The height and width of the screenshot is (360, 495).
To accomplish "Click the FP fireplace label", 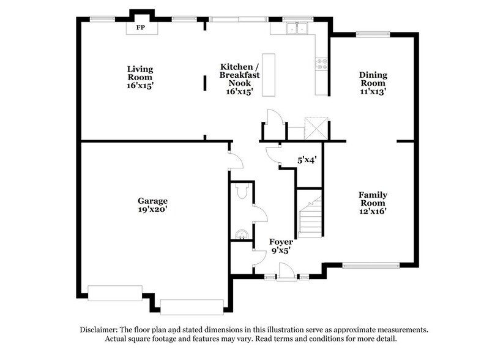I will point(141,28).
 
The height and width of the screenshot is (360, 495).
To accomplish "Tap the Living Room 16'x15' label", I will point(140,77).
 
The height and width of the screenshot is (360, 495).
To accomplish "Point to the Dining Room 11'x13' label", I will point(373,83).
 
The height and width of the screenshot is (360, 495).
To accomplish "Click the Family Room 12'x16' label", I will point(373,203).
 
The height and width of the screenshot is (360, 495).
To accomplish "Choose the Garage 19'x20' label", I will point(152,204).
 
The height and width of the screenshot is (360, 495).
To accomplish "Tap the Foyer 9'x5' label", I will point(281,246).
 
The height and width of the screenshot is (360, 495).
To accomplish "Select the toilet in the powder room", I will point(242,193).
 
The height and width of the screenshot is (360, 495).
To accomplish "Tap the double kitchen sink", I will point(298,28).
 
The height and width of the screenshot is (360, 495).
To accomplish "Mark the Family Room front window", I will point(371,266).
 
